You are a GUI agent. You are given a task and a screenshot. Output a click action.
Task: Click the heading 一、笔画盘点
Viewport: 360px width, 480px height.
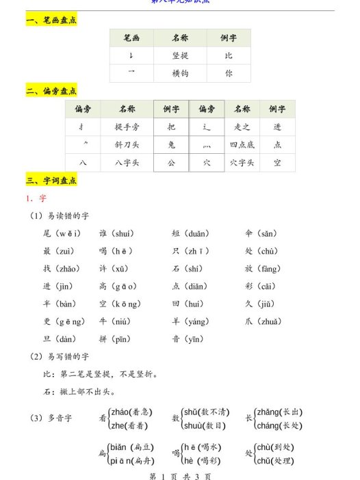click(51, 21)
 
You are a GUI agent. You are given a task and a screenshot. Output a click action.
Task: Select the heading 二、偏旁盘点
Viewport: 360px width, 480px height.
click(51, 91)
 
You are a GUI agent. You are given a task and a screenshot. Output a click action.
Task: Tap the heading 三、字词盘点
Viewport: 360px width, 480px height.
click(51, 181)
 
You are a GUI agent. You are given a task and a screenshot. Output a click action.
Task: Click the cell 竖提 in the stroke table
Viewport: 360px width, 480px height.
click(180, 56)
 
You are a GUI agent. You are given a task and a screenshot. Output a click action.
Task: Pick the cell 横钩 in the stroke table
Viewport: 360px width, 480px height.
click(180, 73)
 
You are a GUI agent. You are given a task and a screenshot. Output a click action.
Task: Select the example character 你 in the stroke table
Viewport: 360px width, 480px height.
click(229, 73)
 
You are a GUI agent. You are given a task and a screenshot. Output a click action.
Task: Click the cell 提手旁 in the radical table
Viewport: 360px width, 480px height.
click(127, 126)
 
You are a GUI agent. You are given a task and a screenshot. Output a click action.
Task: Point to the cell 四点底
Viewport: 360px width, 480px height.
click(242, 144)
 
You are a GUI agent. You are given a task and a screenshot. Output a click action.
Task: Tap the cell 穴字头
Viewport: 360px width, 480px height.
click(242, 162)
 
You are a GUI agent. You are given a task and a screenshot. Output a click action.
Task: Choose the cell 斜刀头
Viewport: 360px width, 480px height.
click(127, 144)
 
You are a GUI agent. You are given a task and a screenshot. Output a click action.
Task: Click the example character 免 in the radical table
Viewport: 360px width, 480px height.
click(171, 144)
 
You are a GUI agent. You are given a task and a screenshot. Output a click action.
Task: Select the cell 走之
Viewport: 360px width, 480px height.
click(242, 126)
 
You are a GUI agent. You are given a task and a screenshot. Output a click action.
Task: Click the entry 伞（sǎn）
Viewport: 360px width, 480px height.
click(261, 233)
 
